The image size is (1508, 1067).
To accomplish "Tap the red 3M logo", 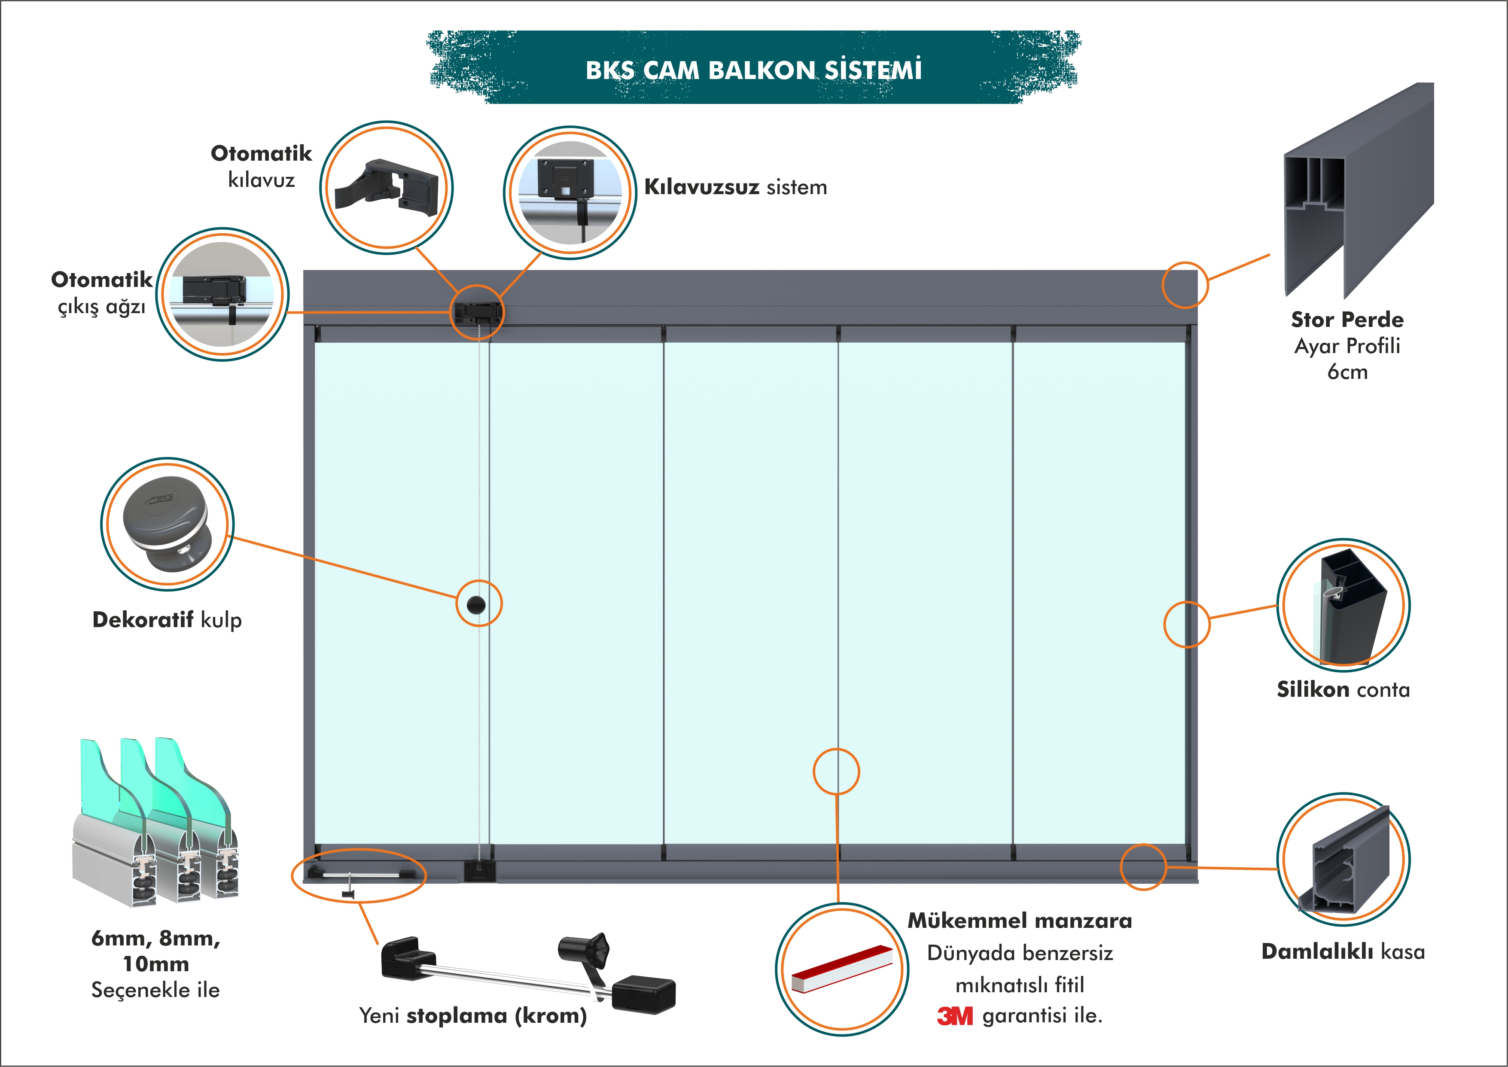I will click(x=954, y=1016).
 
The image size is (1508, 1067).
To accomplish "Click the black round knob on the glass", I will click(x=476, y=604).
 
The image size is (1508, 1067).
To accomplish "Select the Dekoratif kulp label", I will click(x=167, y=619).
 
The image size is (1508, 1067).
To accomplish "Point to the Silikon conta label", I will click(x=1343, y=689).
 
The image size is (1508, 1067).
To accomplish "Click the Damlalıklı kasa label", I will click(x=1343, y=951).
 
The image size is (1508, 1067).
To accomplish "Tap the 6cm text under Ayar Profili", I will click(x=1347, y=372).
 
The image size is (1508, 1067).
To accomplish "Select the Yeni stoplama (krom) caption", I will click(x=472, y=1016).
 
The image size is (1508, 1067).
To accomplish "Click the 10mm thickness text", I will click(x=155, y=964).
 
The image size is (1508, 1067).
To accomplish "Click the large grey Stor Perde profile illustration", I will click(x=1358, y=191).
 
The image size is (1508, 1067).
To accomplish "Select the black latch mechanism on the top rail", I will click(x=476, y=312).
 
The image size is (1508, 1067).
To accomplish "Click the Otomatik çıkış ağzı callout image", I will click(x=222, y=294).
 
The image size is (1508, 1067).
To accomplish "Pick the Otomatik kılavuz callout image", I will click(x=386, y=187).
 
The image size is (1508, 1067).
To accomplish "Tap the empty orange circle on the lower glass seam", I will click(x=836, y=771).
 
